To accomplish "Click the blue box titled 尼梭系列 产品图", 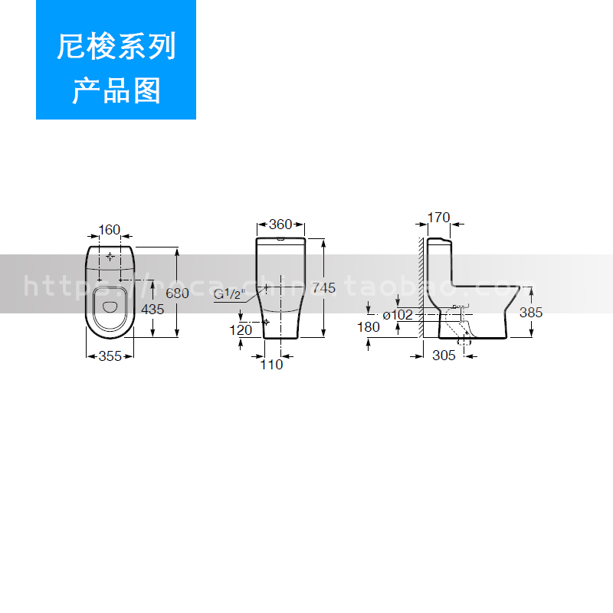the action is [116, 60].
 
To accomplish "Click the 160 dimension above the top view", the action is [110, 229].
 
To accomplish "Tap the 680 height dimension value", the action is [177, 293].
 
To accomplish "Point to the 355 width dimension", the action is [111, 356].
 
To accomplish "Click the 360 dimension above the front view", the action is [280, 225].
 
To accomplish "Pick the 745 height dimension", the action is [323, 288].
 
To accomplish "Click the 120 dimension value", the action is [241, 330].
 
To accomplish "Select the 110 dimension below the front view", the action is [272, 365].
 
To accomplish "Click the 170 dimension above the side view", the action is [438, 218].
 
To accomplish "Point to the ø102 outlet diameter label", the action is [398, 314].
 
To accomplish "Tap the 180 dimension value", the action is [368, 327].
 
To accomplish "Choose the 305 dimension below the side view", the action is [444, 356].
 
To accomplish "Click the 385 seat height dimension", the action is [530, 313].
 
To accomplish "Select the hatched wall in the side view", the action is [421, 284].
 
